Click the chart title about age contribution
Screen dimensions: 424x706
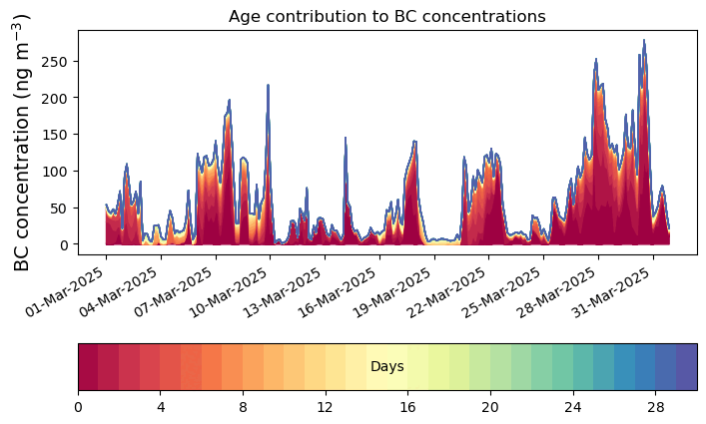click(x=386, y=16)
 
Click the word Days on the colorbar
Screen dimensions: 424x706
click(x=386, y=367)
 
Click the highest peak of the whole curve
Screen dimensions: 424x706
click(x=644, y=41)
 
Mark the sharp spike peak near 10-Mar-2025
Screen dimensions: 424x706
click(x=268, y=86)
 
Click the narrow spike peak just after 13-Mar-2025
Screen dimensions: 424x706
click(x=346, y=138)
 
